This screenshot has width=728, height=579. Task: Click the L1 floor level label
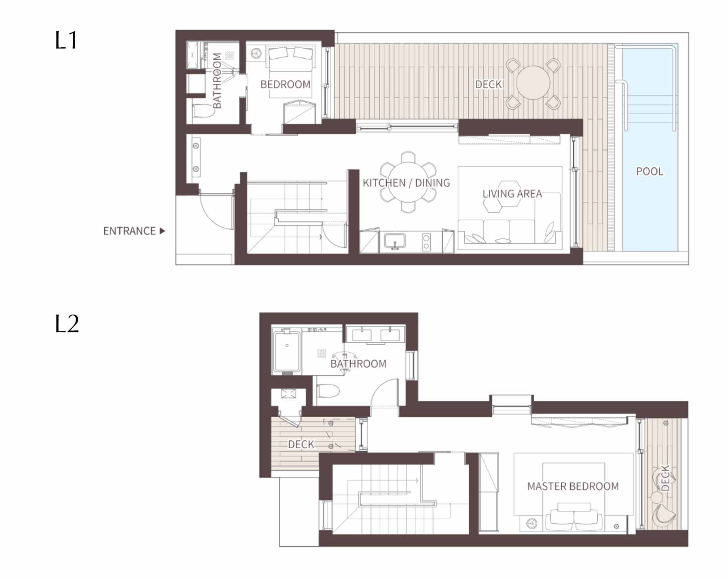66,40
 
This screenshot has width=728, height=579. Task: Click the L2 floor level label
67,324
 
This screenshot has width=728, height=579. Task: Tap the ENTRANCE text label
129,231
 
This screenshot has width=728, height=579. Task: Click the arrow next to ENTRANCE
163,231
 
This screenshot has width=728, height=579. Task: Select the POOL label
650,171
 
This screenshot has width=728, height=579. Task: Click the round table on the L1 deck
533,83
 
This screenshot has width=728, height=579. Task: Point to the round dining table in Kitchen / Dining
408,182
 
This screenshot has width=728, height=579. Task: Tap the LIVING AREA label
512,194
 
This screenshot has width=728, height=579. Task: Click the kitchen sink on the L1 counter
395,241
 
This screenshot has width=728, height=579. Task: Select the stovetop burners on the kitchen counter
426,242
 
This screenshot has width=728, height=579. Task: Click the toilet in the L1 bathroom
203,110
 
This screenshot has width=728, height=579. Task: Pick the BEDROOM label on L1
286,85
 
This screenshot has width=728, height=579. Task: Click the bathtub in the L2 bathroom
287,351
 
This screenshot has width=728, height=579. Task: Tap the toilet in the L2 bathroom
328,391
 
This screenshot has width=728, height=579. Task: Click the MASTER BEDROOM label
573,486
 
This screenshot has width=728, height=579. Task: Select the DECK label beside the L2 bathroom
301,444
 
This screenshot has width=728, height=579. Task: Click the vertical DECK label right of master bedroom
665,478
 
